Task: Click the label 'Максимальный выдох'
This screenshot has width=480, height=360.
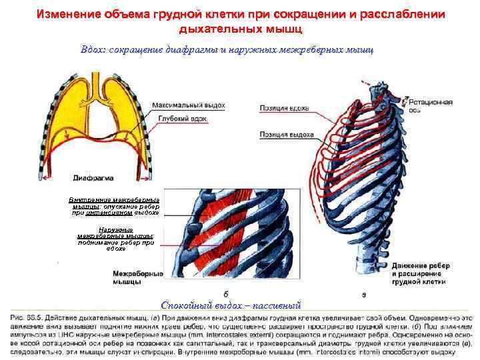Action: coord(188,105)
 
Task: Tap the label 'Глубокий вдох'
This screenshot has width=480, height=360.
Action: coord(183,118)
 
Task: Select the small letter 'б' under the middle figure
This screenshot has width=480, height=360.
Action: coord(227,293)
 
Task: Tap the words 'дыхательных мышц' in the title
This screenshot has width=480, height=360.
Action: coord(240,30)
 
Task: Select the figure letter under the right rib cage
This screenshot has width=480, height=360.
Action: coord(363,293)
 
